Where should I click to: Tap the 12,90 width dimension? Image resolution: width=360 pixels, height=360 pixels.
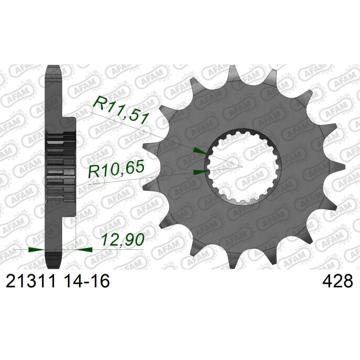(123, 239)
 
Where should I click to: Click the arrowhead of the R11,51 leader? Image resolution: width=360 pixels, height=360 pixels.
(200, 151)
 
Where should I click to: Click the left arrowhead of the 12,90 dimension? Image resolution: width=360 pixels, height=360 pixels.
(36, 250)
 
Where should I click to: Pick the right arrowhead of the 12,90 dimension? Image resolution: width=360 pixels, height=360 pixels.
(84, 250)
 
